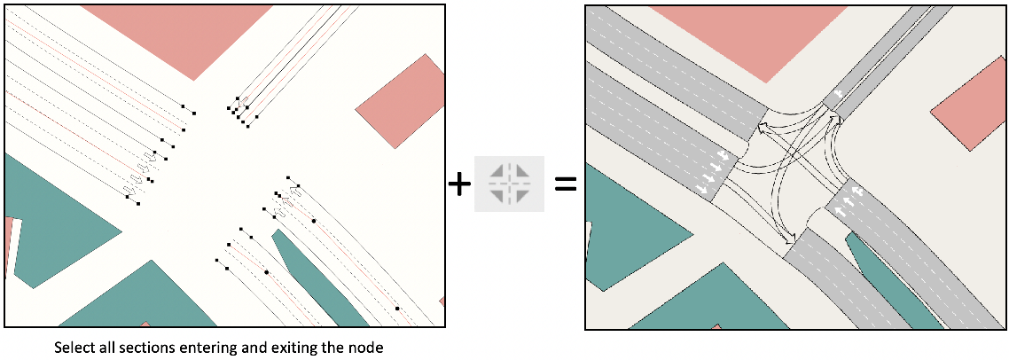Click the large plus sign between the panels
click(458, 184)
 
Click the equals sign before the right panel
click(565, 184)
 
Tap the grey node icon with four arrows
click(509, 184)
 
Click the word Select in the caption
click(73, 348)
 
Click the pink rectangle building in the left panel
click(400, 100)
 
